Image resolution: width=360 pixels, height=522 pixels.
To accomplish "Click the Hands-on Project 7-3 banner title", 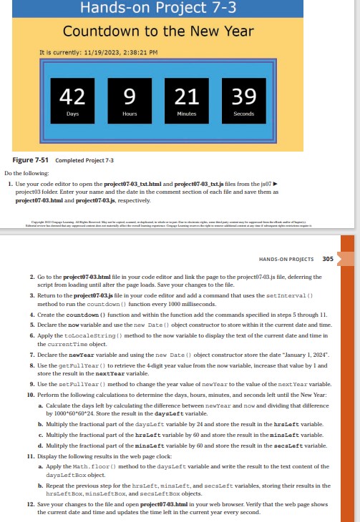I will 158,9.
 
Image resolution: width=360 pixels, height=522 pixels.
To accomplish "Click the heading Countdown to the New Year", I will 158,31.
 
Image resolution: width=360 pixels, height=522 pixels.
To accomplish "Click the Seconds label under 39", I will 244,114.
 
